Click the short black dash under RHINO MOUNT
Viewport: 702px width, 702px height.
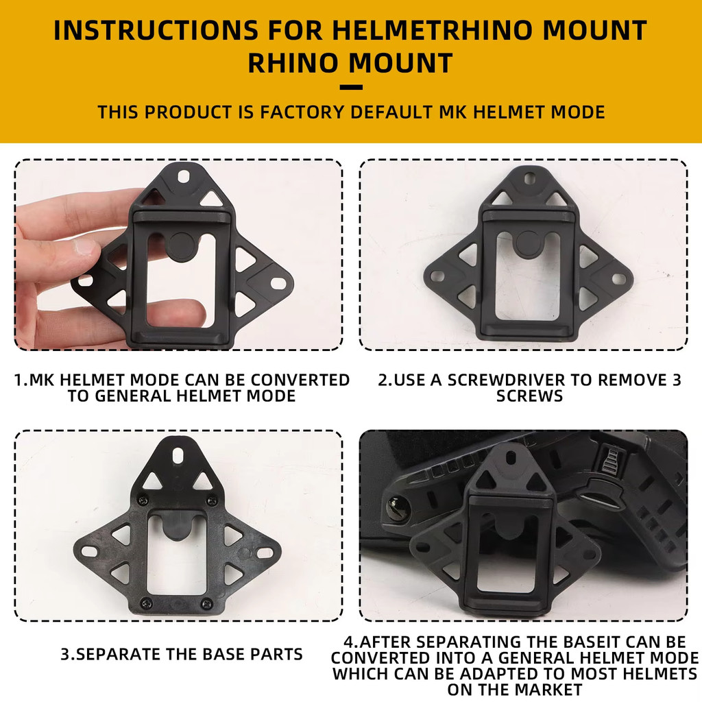point(351,87)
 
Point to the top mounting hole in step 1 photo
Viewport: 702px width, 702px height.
point(184,176)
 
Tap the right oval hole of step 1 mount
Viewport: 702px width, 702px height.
point(278,283)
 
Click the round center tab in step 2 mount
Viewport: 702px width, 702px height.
point(529,243)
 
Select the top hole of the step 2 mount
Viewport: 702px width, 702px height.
point(529,179)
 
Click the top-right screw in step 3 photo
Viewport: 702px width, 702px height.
point(211,500)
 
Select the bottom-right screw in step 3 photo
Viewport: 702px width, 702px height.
point(206,603)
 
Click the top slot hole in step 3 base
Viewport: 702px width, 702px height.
point(178,455)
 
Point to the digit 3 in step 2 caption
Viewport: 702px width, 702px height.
point(677,380)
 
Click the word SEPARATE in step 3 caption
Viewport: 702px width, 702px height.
point(119,655)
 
